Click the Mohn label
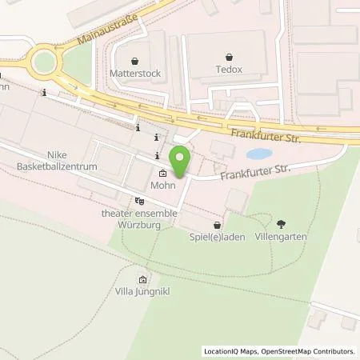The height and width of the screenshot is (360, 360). (163, 185)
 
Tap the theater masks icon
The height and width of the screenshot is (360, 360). (140, 200)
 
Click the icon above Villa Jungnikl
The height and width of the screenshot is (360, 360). (142, 280)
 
